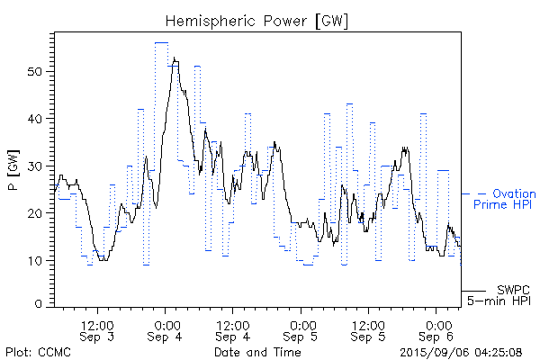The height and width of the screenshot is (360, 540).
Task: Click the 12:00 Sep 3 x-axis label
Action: pyautogui.click(x=97, y=330)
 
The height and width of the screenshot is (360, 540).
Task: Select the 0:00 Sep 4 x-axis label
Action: pyautogui.click(x=166, y=330)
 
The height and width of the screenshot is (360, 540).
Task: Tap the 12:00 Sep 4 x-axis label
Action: pyautogui.click(x=233, y=330)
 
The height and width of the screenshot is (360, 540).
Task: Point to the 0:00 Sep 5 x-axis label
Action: pyautogui.click(x=302, y=330)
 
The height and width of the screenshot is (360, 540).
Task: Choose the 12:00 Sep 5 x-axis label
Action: pyautogui.click(x=370, y=330)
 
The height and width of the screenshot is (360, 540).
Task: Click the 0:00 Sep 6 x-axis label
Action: pyautogui.click(x=438, y=330)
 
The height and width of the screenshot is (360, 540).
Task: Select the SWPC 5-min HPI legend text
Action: pyautogui.click(x=502, y=294)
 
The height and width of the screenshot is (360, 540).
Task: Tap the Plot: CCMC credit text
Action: pyautogui.click(x=31, y=352)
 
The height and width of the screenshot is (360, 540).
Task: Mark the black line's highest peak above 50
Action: pyautogui.click(x=174, y=59)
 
